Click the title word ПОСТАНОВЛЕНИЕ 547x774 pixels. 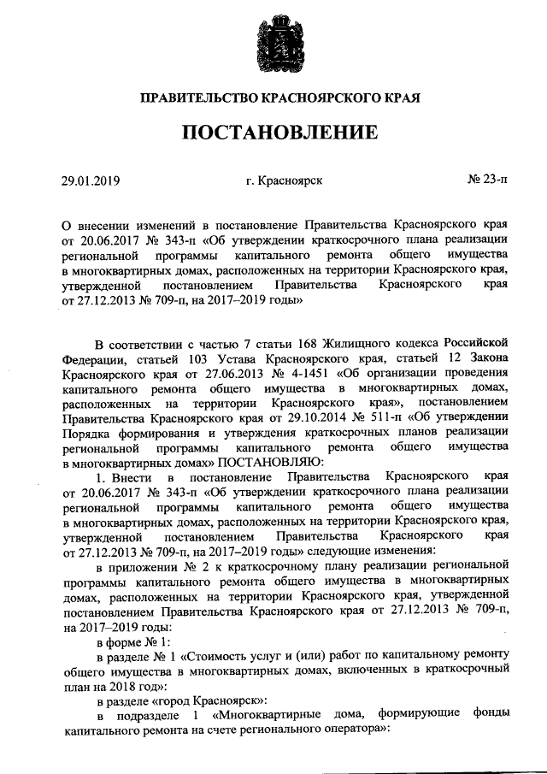[x=273, y=133]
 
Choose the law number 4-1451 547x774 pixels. [x=298, y=375]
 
